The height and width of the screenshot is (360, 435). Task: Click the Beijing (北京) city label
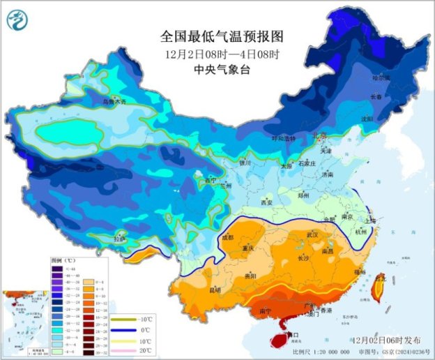319,136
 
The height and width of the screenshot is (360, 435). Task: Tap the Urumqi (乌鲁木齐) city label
116,102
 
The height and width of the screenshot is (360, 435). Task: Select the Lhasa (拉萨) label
121,239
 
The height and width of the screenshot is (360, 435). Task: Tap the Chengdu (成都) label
227,237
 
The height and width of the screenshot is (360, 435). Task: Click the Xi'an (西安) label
266,202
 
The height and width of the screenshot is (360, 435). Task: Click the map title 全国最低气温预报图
217,36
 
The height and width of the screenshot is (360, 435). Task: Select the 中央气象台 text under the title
217,69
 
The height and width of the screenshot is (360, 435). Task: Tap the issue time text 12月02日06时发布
388,340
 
